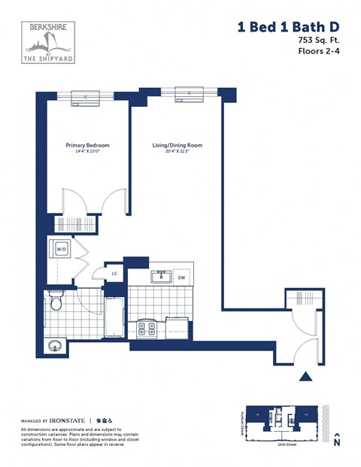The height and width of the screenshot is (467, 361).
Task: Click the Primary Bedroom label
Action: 87,145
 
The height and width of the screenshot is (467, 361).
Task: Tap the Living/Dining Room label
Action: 177,145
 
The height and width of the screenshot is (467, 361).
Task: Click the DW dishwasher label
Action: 181,277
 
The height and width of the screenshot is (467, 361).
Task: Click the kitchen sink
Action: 160,277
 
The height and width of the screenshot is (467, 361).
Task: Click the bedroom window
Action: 87,96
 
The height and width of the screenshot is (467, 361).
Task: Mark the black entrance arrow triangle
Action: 305,377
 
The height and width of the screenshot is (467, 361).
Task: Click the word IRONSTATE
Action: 68,420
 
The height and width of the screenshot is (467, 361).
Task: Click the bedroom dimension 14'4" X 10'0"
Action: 87,152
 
